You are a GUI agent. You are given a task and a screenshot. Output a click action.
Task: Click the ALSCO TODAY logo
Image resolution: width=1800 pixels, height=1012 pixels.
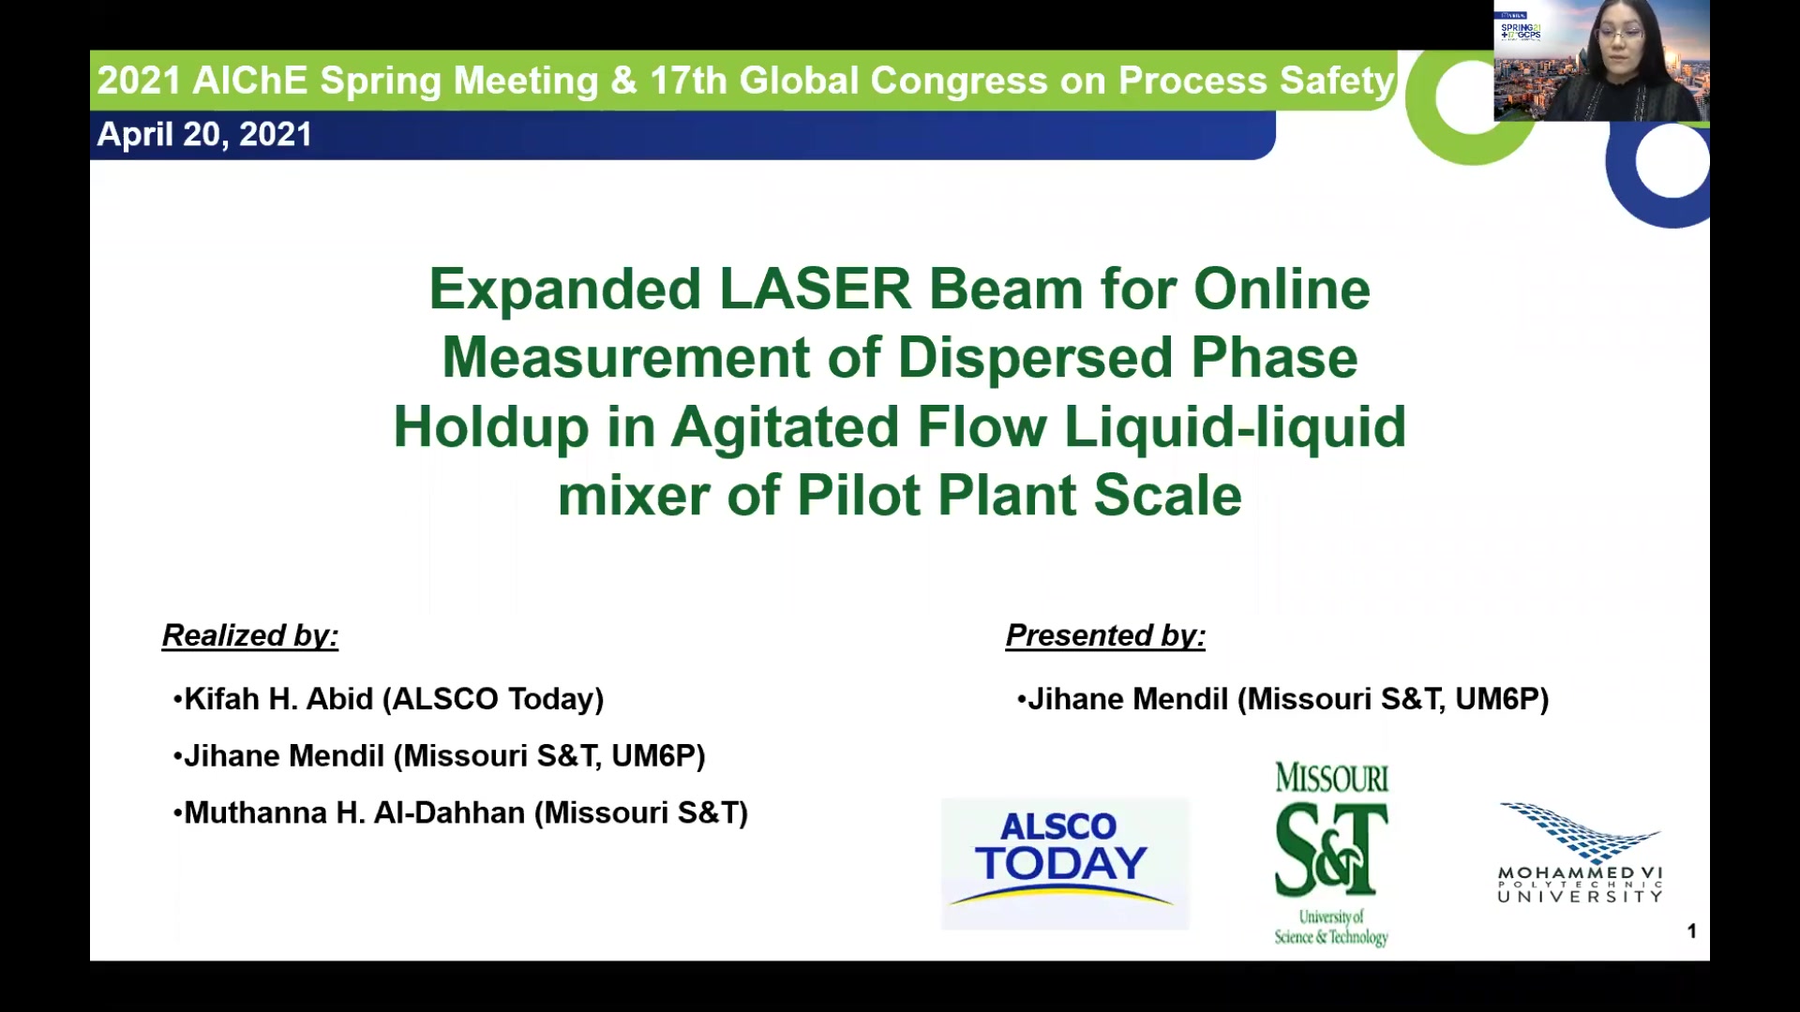[1065, 863]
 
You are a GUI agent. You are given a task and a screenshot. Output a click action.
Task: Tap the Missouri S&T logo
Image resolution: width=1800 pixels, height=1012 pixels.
[1331, 854]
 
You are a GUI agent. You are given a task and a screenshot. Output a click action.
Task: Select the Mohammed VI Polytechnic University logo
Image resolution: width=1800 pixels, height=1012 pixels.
[1581, 853]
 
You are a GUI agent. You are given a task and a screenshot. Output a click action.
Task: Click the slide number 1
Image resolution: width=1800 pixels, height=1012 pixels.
[1692, 930]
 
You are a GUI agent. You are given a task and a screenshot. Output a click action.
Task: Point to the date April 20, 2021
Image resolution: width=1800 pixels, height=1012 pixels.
[204, 134]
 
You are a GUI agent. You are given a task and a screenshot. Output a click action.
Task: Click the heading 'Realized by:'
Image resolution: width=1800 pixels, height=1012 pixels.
[250, 635]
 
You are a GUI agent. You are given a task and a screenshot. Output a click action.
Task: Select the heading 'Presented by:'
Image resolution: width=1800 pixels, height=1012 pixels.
[1105, 635]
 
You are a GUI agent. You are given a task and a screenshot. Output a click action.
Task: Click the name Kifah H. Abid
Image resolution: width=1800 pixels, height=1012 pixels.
[278, 699]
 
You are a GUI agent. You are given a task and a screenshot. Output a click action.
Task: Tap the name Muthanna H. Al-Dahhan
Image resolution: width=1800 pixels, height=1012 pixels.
[354, 812]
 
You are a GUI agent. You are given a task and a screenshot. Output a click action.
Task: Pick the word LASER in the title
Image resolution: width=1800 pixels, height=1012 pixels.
[815, 289]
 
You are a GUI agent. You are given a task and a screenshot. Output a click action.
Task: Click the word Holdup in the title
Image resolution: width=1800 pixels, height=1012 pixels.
[490, 427]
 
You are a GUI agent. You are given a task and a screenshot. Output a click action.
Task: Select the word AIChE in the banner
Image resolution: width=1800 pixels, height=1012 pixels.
[249, 81]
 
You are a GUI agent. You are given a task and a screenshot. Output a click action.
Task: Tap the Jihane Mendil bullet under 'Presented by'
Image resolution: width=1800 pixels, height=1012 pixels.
[1282, 699]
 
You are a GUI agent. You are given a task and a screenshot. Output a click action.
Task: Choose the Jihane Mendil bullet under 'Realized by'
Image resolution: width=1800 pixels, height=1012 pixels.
[439, 756]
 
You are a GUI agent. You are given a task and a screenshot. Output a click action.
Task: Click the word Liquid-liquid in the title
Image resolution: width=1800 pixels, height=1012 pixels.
[1235, 427]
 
